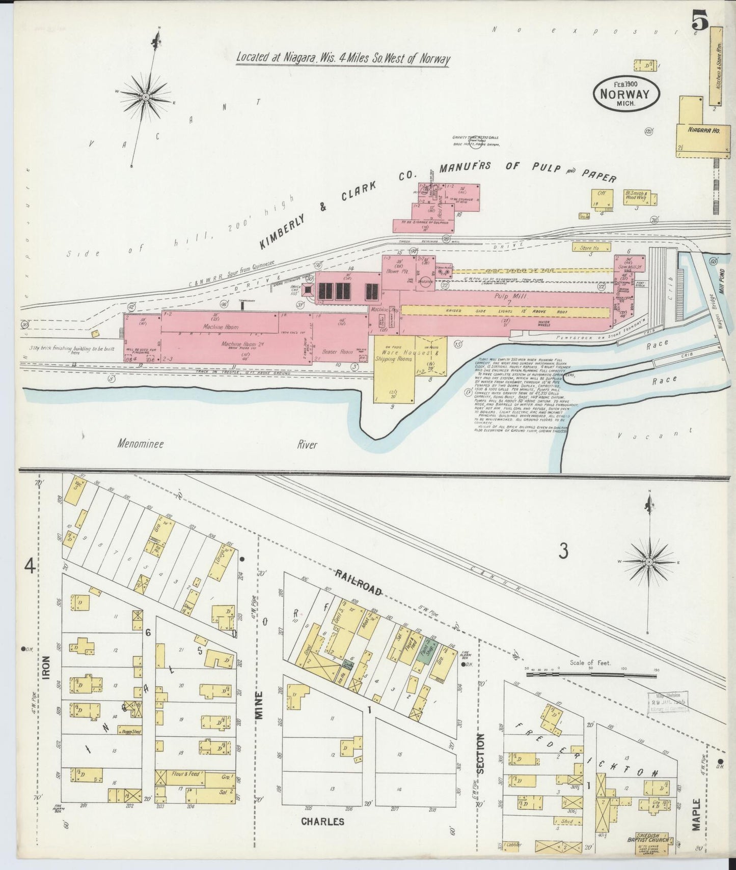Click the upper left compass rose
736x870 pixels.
pos(146,96)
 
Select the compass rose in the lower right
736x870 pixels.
pos(649,562)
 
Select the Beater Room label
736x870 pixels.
pos(334,352)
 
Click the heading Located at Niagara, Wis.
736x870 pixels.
pos(343,58)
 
